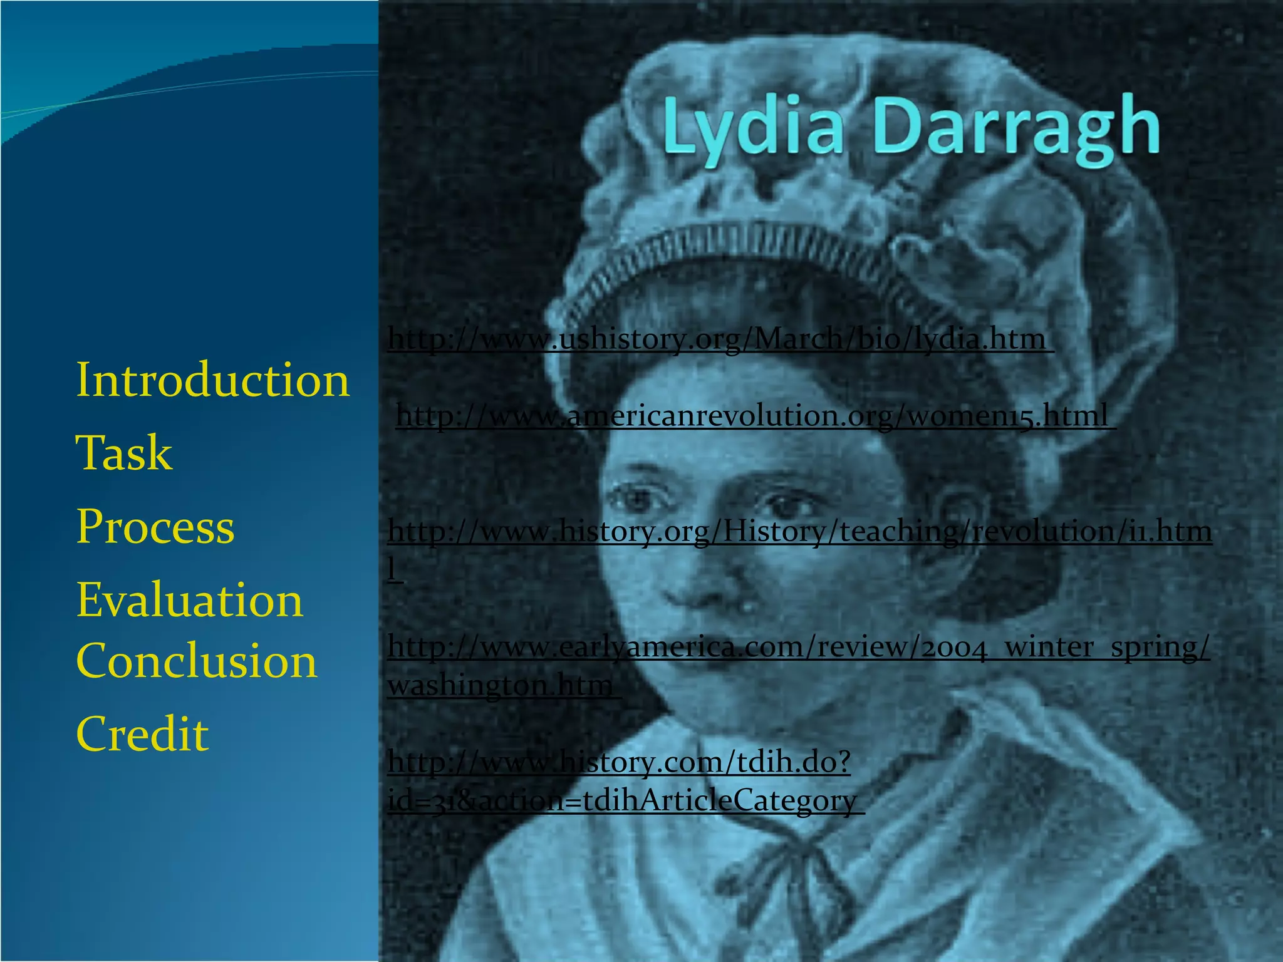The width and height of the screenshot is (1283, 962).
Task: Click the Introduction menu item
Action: click(x=212, y=380)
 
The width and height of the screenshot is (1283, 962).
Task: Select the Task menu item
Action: click(x=123, y=453)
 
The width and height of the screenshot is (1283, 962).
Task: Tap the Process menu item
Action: click(x=155, y=526)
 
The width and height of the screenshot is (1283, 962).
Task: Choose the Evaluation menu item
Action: click(x=189, y=599)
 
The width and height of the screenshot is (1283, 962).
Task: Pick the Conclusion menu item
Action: click(x=196, y=661)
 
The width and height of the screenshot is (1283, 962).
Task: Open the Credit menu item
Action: click(x=142, y=733)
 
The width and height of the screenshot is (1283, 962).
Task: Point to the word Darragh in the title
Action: click(x=1015, y=128)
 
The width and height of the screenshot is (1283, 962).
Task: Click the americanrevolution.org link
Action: click(x=752, y=416)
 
